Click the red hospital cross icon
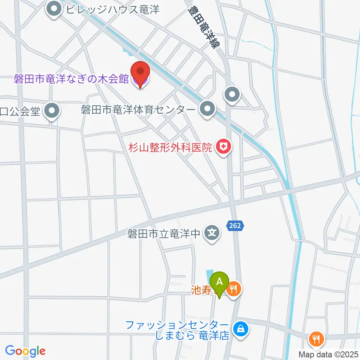[223, 147]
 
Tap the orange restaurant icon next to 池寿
[235, 289]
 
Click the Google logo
[25, 351]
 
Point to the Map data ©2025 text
[328, 354]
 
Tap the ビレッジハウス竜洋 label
[113, 9]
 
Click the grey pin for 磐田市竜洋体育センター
[207, 110]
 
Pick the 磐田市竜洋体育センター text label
[138, 110]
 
